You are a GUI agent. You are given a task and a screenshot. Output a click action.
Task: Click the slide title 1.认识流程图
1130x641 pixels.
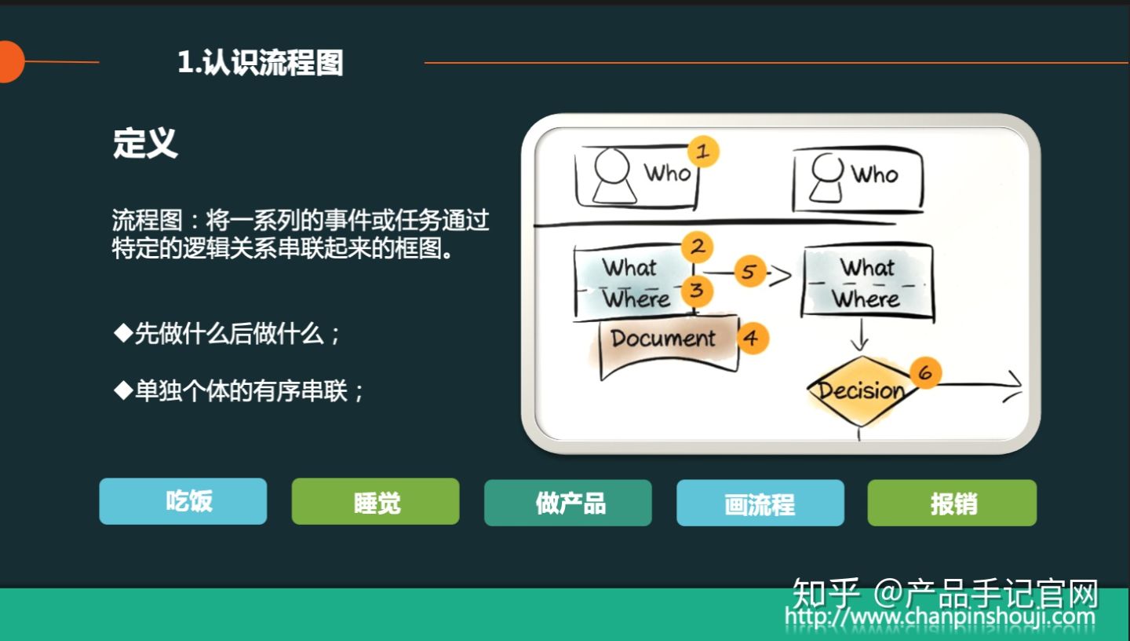[x=261, y=63]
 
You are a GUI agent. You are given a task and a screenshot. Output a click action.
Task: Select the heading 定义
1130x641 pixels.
[x=145, y=144]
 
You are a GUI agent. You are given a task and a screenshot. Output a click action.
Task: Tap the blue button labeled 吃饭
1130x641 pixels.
[x=183, y=501]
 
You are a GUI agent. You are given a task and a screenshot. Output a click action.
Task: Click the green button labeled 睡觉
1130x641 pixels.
[x=375, y=502]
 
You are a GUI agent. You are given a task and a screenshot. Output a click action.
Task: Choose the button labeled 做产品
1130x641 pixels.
[x=568, y=503]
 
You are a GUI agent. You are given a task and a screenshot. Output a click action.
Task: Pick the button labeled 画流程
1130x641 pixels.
[x=760, y=503]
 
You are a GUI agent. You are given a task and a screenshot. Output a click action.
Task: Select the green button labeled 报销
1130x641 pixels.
[x=952, y=503]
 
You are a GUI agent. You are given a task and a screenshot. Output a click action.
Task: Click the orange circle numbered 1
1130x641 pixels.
[x=703, y=152]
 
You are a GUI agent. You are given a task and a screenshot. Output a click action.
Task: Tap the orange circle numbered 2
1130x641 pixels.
[x=697, y=247]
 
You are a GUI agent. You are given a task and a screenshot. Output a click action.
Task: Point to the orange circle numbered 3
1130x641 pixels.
[x=696, y=291]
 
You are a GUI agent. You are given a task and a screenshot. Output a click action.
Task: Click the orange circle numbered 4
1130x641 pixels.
[x=752, y=338]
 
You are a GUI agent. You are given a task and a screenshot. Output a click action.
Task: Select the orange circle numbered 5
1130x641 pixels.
[x=749, y=272]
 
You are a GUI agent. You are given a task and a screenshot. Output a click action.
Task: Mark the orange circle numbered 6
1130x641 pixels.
[x=925, y=373]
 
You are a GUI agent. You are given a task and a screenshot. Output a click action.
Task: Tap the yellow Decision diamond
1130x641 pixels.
[x=860, y=390]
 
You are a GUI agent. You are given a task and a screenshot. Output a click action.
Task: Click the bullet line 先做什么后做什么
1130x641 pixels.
[x=228, y=334]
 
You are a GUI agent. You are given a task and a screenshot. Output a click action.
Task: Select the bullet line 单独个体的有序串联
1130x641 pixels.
[x=239, y=390]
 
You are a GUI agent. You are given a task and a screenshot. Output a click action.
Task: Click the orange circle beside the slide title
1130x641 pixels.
[x=9, y=62]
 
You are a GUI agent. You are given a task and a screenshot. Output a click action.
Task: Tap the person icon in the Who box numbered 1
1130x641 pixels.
[x=613, y=176]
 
